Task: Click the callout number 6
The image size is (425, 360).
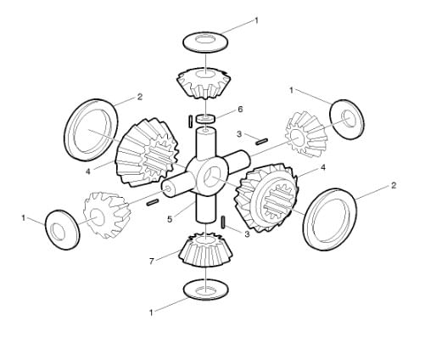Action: point(240,109)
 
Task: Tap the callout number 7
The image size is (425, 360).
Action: point(152,262)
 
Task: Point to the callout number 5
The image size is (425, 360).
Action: point(170,219)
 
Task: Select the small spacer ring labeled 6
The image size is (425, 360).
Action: point(206,119)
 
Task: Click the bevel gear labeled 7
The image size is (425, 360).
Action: point(205,250)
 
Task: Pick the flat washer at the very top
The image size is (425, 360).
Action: point(205,42)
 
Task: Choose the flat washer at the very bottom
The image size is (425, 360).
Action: point(205,290)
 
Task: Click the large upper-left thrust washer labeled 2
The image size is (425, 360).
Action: point(91,130)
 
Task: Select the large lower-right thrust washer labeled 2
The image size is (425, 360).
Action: point(330,219)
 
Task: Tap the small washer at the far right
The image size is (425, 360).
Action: point(347,119)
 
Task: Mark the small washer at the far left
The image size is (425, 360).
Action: point(62,229)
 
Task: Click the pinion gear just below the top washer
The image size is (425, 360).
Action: point(203,83)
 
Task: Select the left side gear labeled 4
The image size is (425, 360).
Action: point(147,153)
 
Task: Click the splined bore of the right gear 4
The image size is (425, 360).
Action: point(277,201)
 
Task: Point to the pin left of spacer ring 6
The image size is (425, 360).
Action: point(190,121)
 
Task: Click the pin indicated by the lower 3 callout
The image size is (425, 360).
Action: point(223,222)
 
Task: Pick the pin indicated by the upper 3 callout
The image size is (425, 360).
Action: point(261,141)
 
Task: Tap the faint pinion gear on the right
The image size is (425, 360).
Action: point(306,133)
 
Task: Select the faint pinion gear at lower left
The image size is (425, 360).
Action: point(107,215)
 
